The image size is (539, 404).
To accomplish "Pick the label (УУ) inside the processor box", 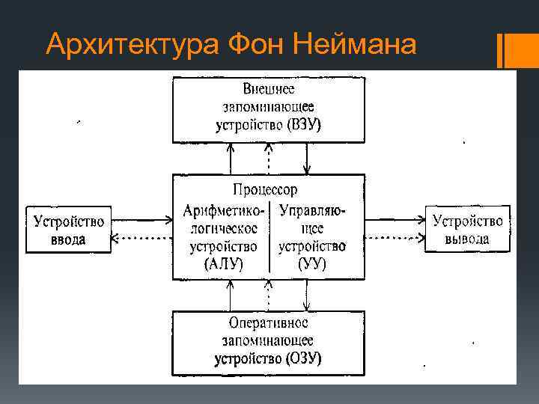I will click(x=311, y=263).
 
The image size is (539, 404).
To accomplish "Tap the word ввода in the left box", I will click(x=68, y=239).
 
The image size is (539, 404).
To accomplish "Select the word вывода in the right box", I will click(x=467, y=239).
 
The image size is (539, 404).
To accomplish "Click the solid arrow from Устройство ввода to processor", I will click(x=142, y=221).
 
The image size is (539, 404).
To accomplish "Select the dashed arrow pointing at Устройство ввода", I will click(x=142, y=239).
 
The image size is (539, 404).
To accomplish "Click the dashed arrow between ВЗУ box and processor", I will click(x=268, y=159).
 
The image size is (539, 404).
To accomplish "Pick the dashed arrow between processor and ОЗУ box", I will click(x=268, y=295).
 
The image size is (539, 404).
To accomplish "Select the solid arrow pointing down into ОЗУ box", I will click(x=306, y=295).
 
